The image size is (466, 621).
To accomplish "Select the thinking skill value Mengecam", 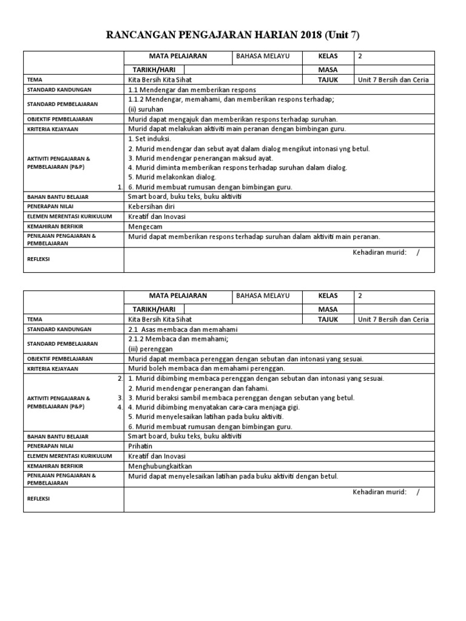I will pos(146,226).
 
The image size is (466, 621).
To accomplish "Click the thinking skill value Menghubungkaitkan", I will pos(160,466).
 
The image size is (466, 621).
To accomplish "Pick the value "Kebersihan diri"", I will pos(153,207).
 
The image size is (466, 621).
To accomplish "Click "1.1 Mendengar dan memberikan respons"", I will pos(192,90).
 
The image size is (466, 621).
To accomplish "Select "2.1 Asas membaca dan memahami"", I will pos(181,329).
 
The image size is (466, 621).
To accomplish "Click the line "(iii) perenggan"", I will pos(150,349).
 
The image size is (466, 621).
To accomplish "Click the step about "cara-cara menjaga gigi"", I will pos(214,407).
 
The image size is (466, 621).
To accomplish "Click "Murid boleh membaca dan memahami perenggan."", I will pos(206,368).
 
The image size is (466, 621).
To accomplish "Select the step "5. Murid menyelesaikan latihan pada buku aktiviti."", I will pos(206,417).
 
